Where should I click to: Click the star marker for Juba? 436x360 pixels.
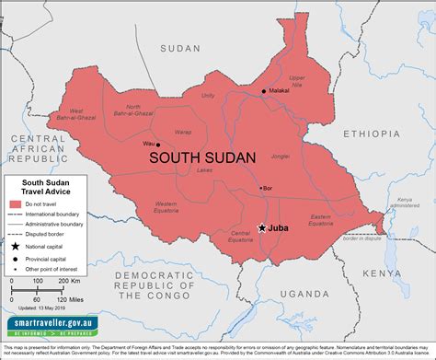[x=261, y=227]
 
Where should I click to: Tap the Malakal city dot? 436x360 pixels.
[x=264, y=90]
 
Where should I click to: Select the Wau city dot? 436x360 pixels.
[x=157, y=145]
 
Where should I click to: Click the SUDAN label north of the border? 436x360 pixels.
[x=179, y=47]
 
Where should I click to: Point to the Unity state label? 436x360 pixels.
[x=208, y=95]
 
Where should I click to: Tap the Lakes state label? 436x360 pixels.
[x=204, y=169]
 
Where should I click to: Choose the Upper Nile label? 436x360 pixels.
[x=297, y=82]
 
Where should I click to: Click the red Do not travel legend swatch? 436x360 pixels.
[x=16, y=203]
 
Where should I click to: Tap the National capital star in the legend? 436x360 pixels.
[x=16, y=247]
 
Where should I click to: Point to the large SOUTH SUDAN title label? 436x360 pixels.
[x=202, y=157]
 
